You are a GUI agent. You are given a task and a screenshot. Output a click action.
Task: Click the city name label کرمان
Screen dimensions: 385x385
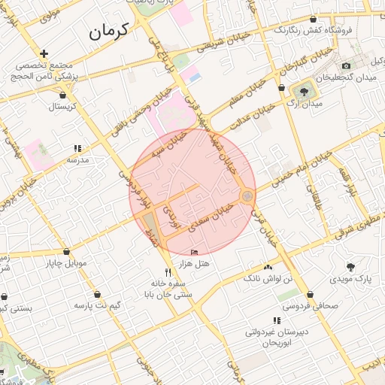(108, 30)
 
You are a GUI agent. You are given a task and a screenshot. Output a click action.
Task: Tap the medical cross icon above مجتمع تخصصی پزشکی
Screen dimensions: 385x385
(45, 53)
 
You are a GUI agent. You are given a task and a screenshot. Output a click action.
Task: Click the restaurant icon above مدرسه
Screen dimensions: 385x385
(77, 149)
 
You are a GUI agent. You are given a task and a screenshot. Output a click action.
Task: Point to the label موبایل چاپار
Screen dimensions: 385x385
(68, 263)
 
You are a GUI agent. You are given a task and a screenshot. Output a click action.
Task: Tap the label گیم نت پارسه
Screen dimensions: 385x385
(97, 305)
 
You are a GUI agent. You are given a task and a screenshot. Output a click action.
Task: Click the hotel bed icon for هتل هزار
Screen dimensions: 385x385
(196, 252)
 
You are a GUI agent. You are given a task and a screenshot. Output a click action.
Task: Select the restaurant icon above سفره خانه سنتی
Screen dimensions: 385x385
(167, 272)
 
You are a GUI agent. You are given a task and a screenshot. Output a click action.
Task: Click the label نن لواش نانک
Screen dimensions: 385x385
(268, 279)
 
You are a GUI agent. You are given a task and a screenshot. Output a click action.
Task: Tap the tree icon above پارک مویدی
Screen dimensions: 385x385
(351, 266)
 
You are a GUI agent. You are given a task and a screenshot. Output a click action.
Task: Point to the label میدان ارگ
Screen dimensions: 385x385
(305, 104)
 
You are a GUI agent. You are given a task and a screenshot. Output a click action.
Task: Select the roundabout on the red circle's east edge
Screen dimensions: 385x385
(247, 196)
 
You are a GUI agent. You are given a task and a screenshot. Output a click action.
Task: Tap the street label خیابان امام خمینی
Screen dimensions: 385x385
(301, 166)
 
